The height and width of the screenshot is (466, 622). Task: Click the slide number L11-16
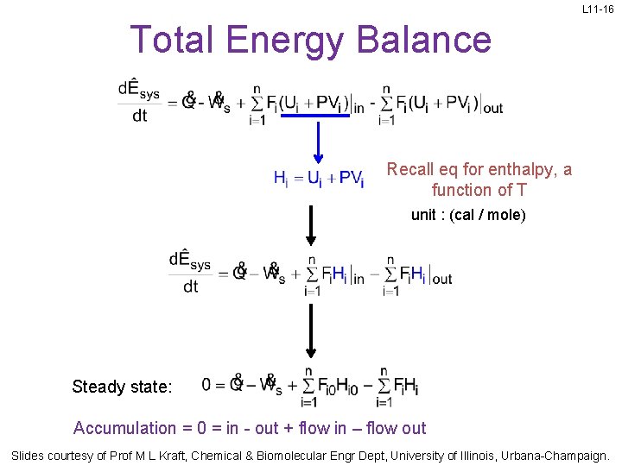click(x=598, y=9)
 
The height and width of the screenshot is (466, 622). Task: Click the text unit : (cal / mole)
click(x=468, y=215)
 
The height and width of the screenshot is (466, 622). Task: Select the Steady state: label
click(x=122, y=387)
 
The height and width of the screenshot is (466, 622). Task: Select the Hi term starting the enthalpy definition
click(x=281, y=179)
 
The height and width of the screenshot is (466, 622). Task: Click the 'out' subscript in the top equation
click(x=492, y=109)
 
